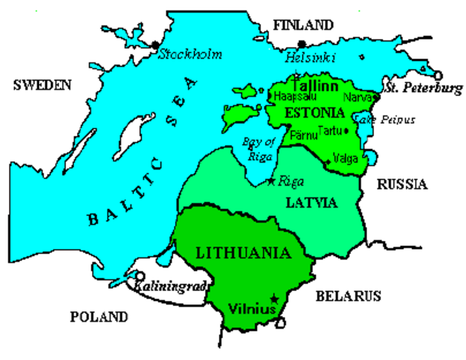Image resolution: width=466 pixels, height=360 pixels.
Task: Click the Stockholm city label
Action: (183, 55)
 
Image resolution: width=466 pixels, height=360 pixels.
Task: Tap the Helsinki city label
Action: (311, 58)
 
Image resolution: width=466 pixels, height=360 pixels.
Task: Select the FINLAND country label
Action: (303, 25)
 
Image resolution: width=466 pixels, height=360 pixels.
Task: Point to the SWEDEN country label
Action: (42, 85)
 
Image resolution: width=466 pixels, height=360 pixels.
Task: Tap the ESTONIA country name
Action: (315, 113)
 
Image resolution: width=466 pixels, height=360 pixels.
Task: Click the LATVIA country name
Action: (312, 202)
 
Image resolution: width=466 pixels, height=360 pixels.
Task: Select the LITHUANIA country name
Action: (242, 252)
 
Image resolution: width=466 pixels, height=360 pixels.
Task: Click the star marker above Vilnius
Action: (275, 298)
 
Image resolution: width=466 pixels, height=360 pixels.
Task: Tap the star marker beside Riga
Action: (271, 181)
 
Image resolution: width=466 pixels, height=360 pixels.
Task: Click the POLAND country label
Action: (99, 317)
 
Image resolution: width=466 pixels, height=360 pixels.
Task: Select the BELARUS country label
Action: (348, 295)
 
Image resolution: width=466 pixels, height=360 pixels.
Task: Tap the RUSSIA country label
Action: (402, 184)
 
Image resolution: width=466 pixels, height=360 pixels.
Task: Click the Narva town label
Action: (355, 97)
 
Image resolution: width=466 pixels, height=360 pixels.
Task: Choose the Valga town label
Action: (348, 158)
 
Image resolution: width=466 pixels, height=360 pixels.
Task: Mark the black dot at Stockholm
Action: (156, 46)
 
